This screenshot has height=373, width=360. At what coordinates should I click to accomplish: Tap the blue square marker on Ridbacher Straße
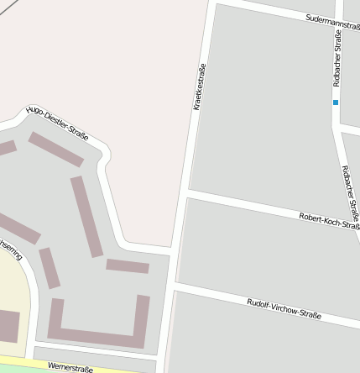[336, 102]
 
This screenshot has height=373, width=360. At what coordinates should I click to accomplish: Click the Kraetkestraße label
[199, 87]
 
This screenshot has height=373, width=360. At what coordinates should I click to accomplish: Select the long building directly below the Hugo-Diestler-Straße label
[55, 150]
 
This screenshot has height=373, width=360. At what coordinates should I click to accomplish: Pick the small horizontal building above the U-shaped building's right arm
[128, 265]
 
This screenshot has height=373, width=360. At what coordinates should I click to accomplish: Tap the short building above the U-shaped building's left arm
[50, 268]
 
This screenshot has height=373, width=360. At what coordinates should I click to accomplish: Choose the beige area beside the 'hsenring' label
[12, 286]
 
